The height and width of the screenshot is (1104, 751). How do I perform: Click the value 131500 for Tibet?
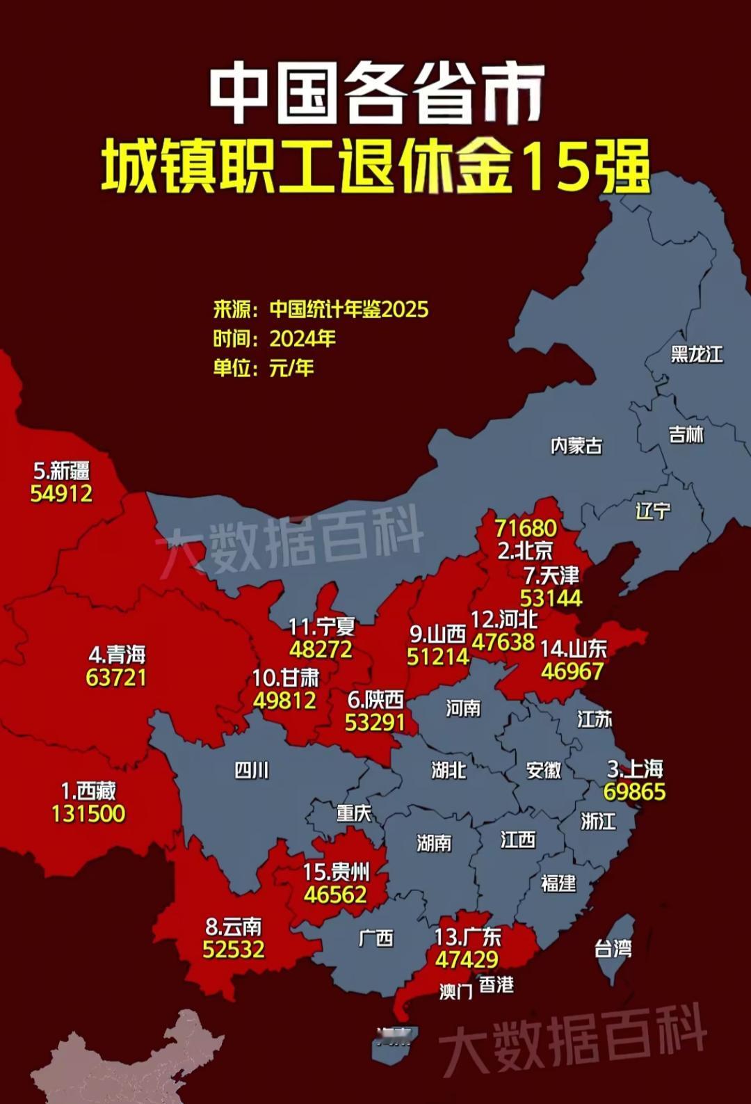[88, 813]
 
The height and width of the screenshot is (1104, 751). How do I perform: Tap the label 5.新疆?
[62, 471]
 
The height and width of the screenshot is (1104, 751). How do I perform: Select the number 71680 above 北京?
[526, 528]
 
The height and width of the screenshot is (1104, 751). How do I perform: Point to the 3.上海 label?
[635, 769]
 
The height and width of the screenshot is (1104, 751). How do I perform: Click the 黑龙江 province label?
[697, 354]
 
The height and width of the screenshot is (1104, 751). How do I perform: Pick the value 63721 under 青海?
[116, 677]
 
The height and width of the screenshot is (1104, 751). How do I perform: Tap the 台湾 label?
[613, 948]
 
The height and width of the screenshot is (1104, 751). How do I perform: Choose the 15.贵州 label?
[336, 872]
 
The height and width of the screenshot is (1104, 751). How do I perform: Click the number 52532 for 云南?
[234, 949]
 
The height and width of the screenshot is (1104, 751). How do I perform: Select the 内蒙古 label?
[576, 445]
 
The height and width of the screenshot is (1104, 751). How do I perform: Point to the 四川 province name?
[251, 770]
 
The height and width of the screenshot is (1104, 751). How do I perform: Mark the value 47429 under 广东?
[467, 959]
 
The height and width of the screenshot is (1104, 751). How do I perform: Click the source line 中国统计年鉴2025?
[348, 309]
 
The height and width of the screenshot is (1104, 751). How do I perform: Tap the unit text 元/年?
[291, 367]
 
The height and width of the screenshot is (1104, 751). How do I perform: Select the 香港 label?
[496, 984]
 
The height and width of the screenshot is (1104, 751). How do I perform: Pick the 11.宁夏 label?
[322, 627]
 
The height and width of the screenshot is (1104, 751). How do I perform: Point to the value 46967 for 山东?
[572, 671]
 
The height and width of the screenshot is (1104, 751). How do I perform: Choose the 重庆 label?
[354, 813]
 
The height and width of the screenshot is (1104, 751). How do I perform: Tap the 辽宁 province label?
[653, 511]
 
